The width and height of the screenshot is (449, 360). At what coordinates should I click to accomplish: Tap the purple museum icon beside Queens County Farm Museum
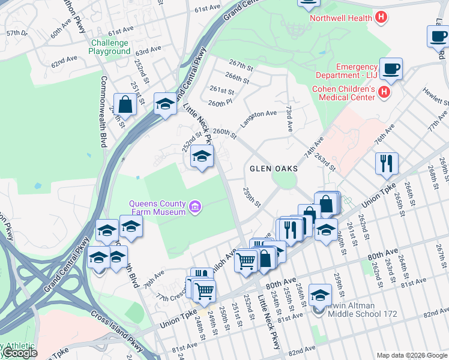[x=194, y=208]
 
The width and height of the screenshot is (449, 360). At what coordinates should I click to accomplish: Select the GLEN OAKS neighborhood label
[x=270, y=169]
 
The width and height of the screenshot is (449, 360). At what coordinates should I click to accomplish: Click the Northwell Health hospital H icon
[x=380, y=18]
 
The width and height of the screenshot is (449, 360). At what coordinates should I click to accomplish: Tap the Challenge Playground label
[x=109, y=47]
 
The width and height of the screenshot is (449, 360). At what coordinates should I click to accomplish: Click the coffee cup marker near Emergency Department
[x=391, y=68]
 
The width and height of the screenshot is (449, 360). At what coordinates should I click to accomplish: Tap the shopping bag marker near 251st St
[x=125, y=105]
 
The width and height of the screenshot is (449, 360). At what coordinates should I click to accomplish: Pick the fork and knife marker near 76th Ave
[x=387, y=163]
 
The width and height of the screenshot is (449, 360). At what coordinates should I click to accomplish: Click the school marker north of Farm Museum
[x=202, y=157]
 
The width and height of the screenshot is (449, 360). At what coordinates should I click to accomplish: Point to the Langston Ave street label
[x=259, y=118]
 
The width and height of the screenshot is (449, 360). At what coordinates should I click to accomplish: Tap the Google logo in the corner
[x=19, y=353]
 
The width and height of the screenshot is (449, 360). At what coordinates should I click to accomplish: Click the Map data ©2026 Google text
[x=412, y=355]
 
